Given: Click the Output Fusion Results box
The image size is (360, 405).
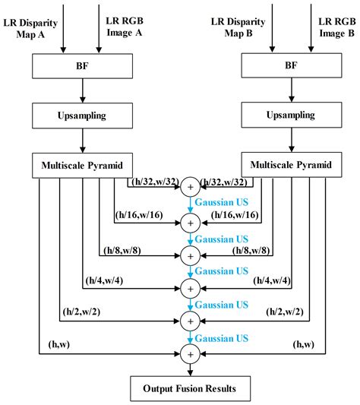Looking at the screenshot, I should [189, 388].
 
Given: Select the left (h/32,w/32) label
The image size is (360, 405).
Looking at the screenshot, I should [155, 182].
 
